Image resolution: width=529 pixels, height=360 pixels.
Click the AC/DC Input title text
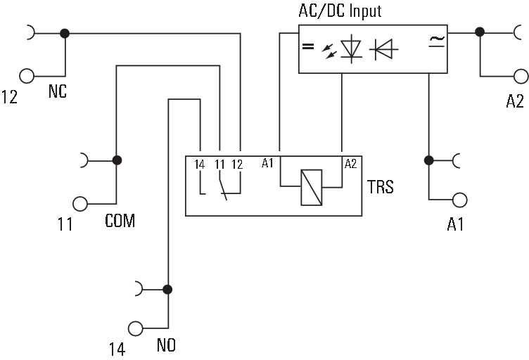[340, 11]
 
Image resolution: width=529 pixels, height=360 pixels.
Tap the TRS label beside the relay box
[380, 187]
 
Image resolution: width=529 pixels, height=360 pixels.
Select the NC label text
[58, 91]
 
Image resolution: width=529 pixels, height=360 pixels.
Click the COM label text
[120, 221]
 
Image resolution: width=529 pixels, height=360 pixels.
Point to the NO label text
[166, 345]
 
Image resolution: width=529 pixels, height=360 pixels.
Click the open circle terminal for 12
[27, 76]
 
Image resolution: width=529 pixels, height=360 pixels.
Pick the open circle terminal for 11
[80, 204]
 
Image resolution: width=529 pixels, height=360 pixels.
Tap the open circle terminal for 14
[136, 328]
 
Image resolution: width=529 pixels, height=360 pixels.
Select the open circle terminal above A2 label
[521, 77]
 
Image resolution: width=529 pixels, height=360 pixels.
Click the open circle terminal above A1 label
[459, 200]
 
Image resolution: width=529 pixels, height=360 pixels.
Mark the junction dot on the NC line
[65, 33]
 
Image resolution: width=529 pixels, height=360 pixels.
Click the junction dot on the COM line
[117, 160]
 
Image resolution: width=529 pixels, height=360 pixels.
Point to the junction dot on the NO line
[167, 290]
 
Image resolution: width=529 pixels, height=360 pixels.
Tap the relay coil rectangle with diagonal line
[312, 188]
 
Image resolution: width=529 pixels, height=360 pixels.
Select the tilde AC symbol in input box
[438, 41]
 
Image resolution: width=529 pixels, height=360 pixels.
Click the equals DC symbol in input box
[308, 46]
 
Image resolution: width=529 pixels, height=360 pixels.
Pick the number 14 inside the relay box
[199, 165]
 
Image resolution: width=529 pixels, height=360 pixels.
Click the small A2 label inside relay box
[350, 164]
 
